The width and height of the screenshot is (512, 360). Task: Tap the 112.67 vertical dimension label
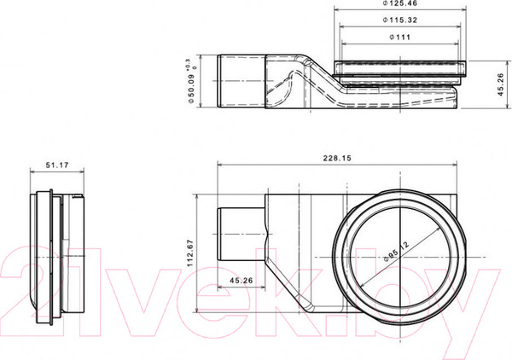tap(192, 252)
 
